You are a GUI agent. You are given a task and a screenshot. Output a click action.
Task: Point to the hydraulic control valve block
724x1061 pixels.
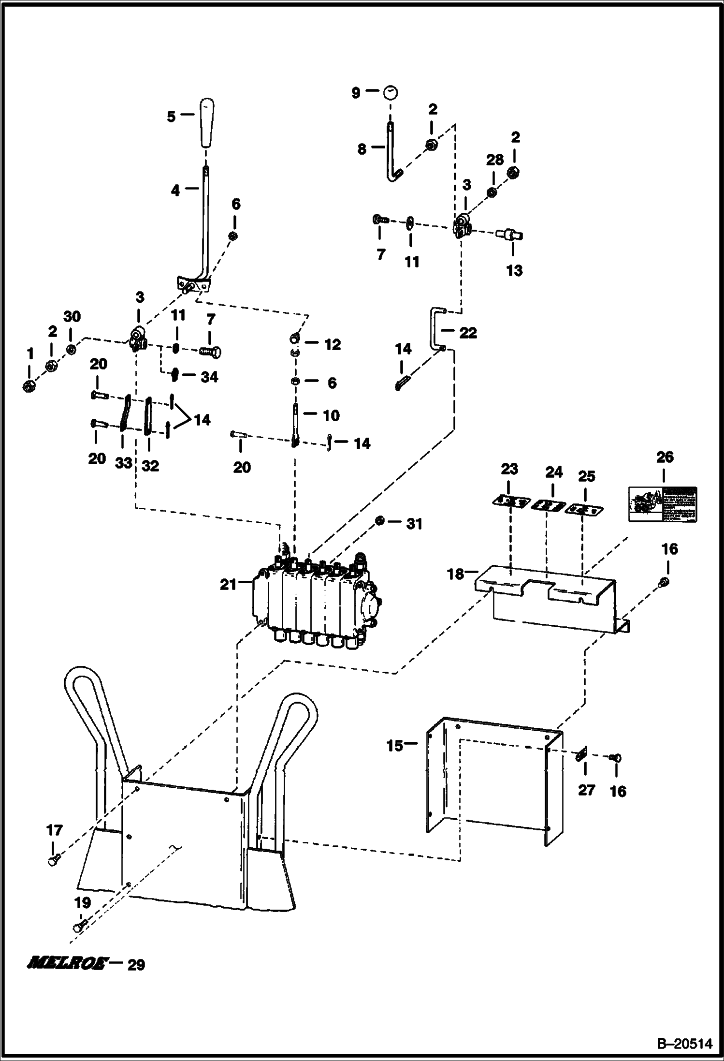point(314,602)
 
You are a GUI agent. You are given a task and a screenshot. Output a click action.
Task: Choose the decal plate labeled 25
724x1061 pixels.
point(584,509)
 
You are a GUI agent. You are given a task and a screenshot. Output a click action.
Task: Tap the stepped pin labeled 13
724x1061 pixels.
point(509,235)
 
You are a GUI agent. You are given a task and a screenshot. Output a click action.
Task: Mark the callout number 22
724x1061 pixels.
point(468,333)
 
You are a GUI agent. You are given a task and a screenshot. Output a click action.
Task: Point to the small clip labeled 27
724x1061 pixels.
point(582,755)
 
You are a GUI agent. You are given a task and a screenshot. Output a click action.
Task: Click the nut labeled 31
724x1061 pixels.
point(380,520)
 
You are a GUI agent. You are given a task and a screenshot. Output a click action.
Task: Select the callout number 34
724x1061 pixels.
point(209,377)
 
